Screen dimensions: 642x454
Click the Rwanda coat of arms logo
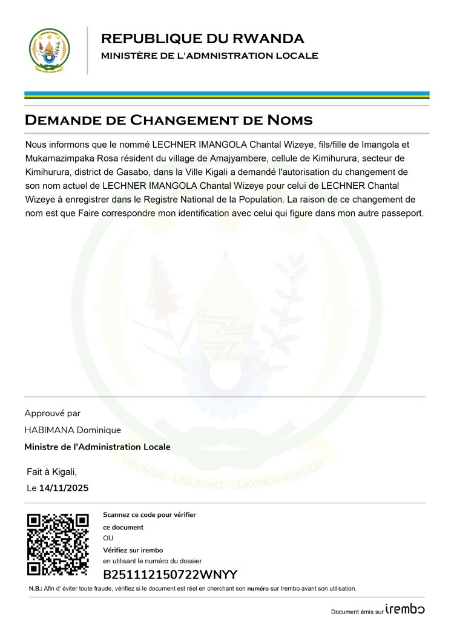pyautogui.click(x=50, y=50)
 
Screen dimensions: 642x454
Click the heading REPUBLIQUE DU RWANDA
pyautogui.click(x=202, y=39)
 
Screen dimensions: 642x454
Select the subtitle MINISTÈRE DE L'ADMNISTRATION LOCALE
pyautogui.click(x=209, y=56)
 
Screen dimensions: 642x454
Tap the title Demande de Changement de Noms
pyautogui.click(x=168, y=120)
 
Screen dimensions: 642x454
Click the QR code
pyautogui.click(x=58, y=545)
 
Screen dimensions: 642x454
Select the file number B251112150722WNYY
pyautogui.click(x=170, y=575)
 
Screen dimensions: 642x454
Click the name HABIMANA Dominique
pyautogui.click(x=73, y=430)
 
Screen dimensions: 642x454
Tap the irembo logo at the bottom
pyautogui.click(x=405, y=609)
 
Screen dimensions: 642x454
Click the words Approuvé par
pyautogui.click(x=52, y=413)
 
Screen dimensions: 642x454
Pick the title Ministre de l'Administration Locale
pyautogui.click(x=97, y=447)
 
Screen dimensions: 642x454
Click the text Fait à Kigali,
pyautogui.click(x=52, y=471)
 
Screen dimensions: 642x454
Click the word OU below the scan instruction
pyautogui.click(x=108, y=538)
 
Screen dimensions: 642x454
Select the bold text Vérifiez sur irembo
pyautogui.click(x=133, y=550)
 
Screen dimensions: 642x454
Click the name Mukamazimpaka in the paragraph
pyautogui.click(x=58, y=158)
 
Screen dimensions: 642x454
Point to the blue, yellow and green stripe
pyautogui.click(x=226, y=95)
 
